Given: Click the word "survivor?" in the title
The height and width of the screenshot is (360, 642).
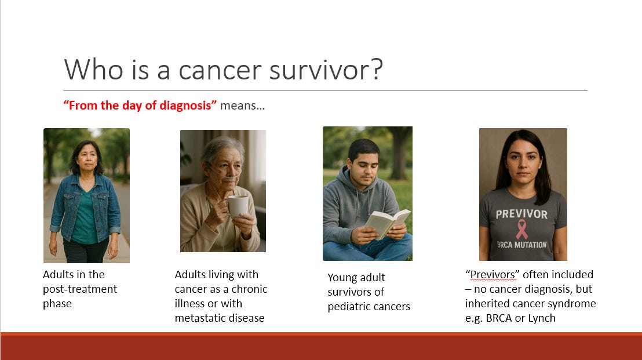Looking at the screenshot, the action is pyautogui.click(x=326, y=69).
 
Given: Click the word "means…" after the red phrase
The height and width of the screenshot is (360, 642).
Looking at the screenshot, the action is pyautogui.click(x=242, y=106).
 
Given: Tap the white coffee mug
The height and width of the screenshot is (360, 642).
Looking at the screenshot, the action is pyautogui.click(x=238, y=206).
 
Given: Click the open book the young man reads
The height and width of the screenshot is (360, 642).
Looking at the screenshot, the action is pyautogui.click(x=387, y=223).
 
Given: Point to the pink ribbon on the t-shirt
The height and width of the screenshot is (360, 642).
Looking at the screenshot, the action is pyautogui.click(x=521, y=230).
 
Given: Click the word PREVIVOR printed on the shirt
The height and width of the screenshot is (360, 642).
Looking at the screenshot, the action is pyautogui.click(x=521, y=214).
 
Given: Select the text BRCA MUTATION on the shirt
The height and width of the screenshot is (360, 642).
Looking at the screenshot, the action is pyautogui.click(x=521, y=245).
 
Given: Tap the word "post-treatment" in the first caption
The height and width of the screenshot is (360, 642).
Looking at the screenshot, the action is pyautogui.click(x=80, y=289).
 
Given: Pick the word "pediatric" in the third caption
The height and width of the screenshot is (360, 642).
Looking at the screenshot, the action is pyautogui.click(x=348, y=307).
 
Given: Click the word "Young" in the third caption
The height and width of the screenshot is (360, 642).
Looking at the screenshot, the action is pyautogui.click(x=341, y=278).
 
